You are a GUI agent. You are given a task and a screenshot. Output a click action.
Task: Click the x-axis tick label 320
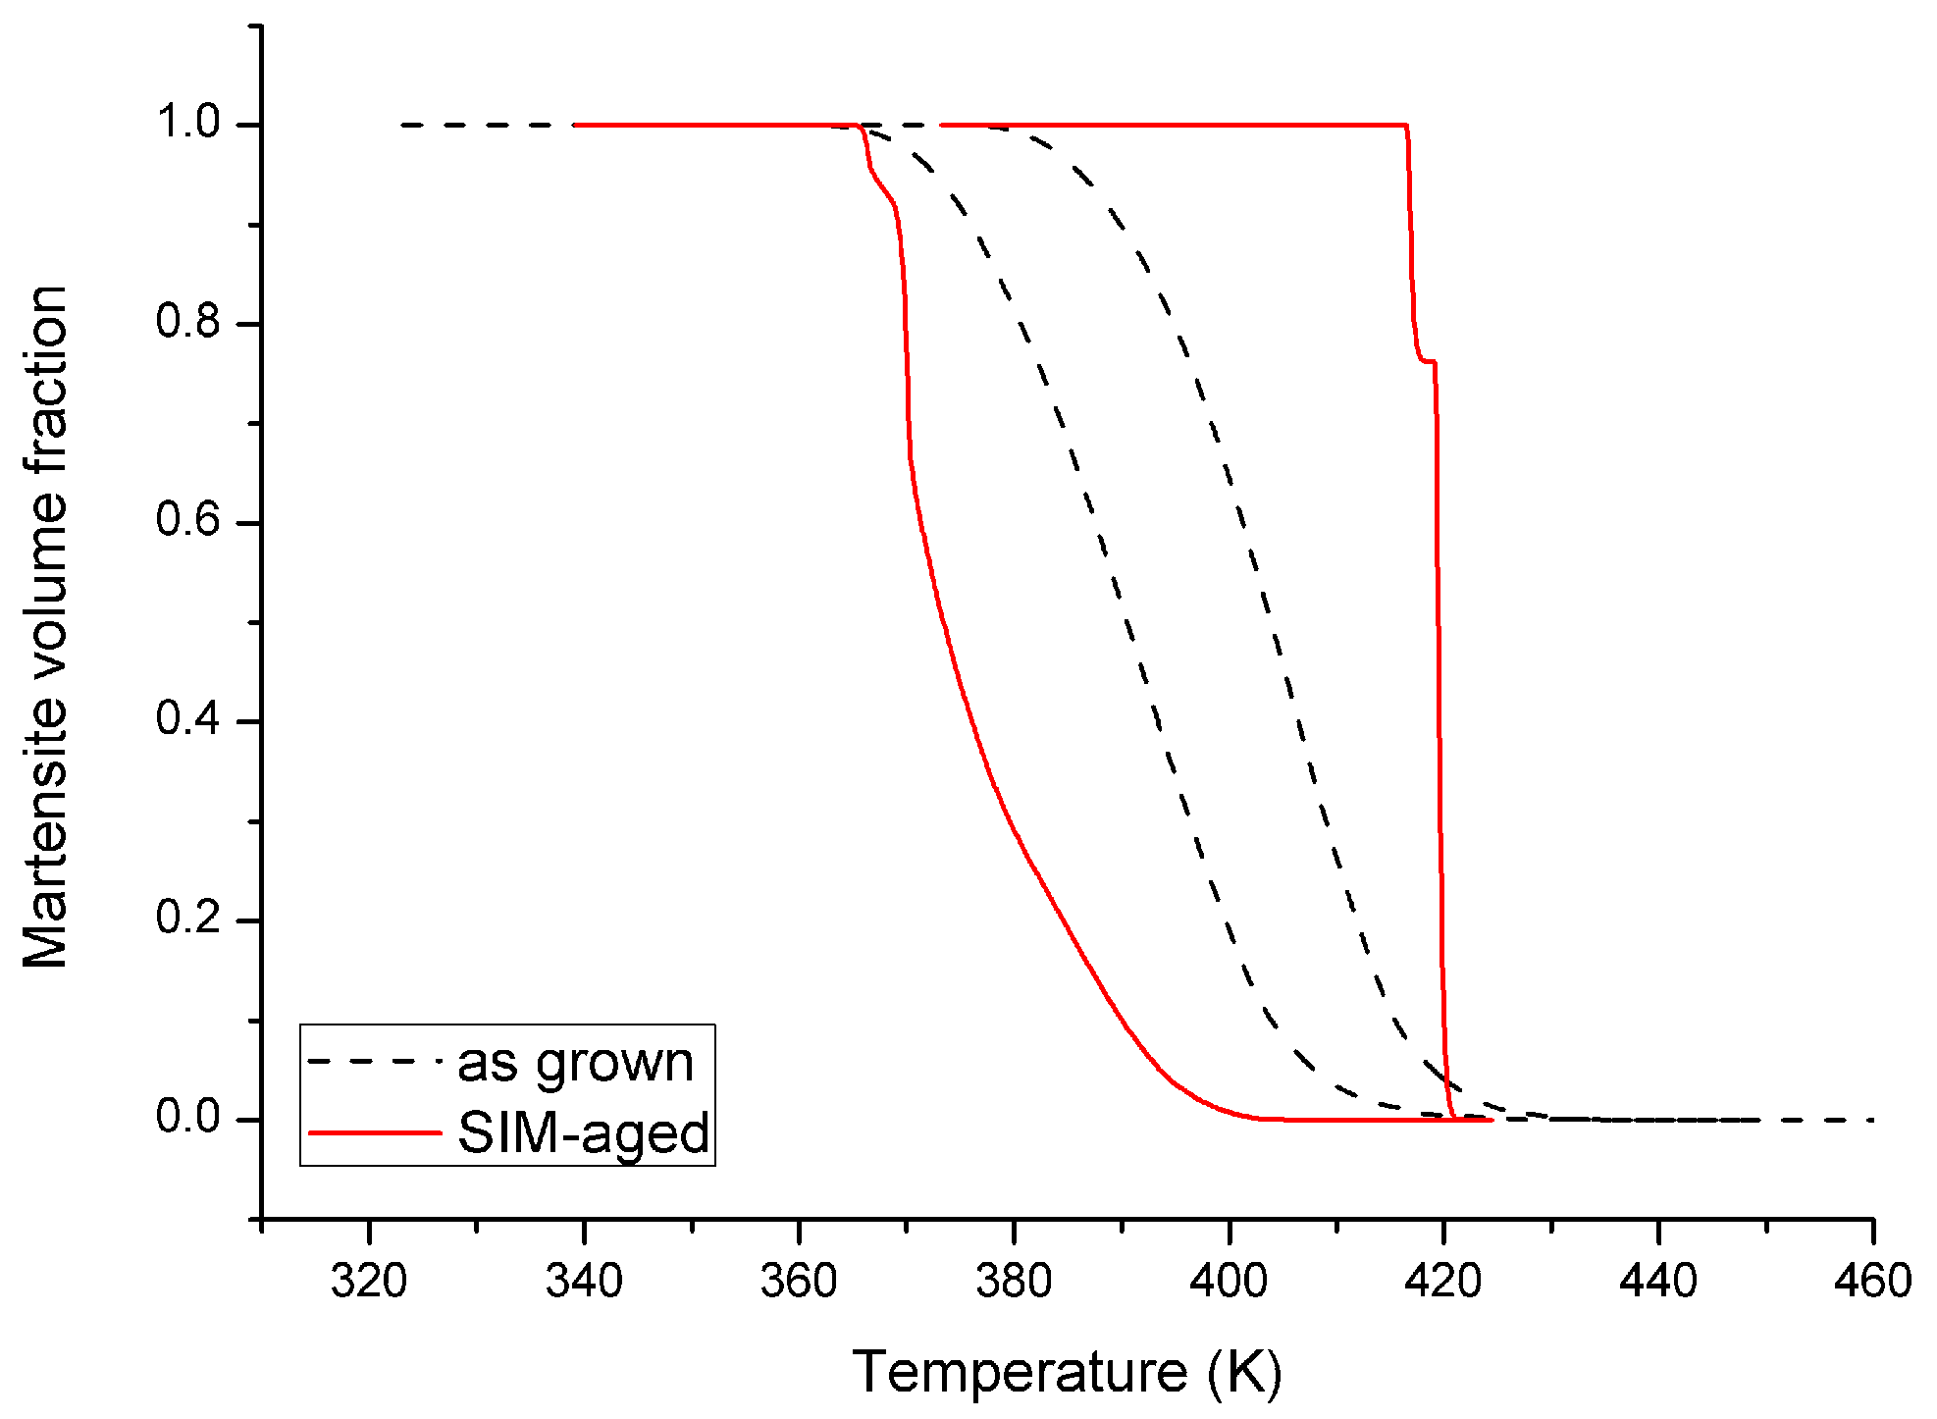(369, 1282)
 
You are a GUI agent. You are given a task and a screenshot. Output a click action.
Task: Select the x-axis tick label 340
(584, 1282)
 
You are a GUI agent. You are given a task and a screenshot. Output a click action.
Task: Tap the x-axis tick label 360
(799, 1282)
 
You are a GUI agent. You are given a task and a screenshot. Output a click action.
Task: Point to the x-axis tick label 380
(1014, 1282)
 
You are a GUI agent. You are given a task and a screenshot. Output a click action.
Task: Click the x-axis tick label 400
(1229, 1282)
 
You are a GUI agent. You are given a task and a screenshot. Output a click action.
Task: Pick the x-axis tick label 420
(1443, 1282)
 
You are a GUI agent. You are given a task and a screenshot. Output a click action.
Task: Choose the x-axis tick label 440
(1658, 1282)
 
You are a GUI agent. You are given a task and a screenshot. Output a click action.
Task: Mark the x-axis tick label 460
(1872, 1282)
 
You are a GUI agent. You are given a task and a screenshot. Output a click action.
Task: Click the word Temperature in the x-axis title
(1021, 1371)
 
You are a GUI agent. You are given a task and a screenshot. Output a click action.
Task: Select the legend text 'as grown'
(576, 1063)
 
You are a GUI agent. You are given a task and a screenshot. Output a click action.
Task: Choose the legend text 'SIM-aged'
(583, 1133)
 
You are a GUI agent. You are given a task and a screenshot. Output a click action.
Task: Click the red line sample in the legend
(375, 1133)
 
